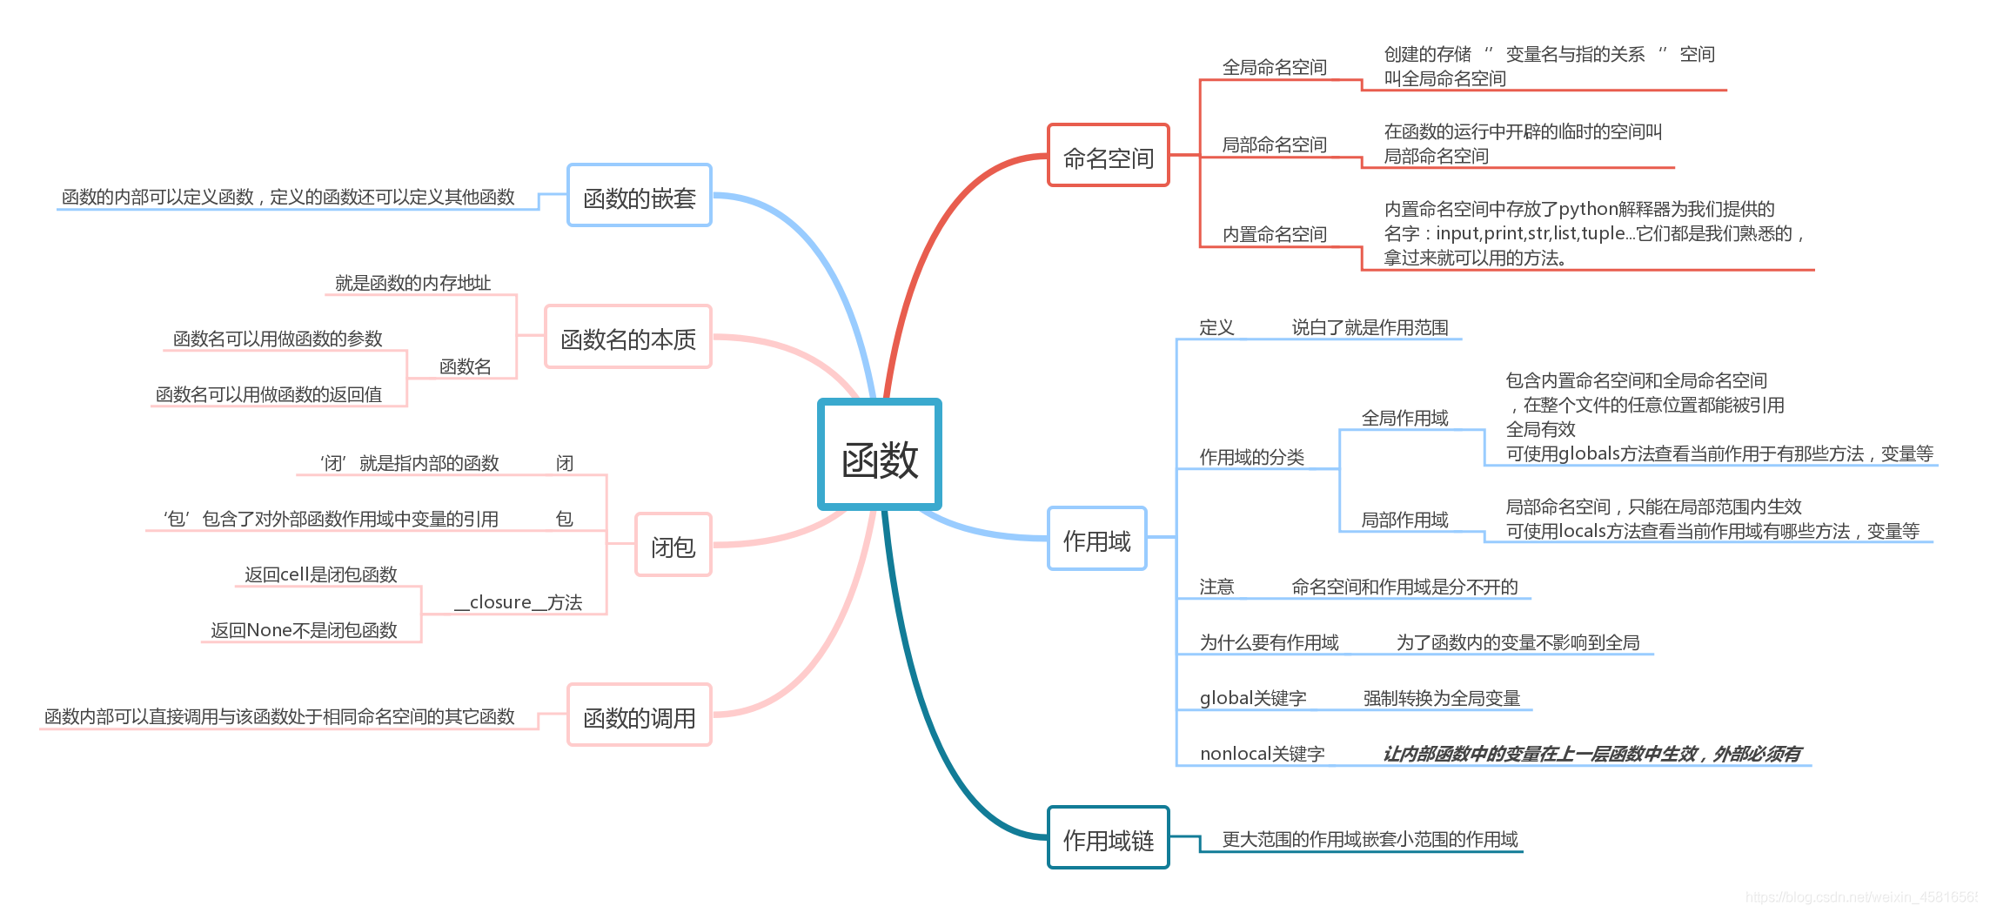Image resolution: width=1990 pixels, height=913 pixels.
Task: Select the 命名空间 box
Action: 1108,156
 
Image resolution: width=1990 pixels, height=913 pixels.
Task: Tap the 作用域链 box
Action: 1108,838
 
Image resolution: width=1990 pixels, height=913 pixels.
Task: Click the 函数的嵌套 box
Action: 640,196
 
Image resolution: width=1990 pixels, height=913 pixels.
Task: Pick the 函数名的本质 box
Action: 628,337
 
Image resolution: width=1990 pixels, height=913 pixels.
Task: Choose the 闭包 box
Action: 673,545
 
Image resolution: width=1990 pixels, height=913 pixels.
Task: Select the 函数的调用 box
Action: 640,715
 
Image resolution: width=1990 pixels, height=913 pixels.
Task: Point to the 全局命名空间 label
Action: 1274,67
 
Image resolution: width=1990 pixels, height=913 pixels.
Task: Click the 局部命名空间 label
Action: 1274,144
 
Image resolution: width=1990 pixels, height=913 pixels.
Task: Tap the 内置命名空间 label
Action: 1274,234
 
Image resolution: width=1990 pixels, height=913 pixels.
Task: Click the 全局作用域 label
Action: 1404,418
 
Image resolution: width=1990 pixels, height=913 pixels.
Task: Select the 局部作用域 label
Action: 1404,520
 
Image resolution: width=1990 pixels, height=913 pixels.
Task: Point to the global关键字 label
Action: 1253,698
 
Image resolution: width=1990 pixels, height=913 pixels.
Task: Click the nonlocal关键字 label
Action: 1262,754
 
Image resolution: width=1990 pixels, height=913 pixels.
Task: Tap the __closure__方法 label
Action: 519,602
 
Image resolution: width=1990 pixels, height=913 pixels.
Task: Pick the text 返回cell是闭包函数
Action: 321,574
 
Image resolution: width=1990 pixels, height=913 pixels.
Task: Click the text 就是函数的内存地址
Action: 412,283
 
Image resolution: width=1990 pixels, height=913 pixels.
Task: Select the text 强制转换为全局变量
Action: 1441,698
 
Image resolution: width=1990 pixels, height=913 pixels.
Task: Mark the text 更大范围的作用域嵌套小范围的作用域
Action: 1370,839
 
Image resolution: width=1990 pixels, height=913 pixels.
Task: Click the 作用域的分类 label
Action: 1251,457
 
